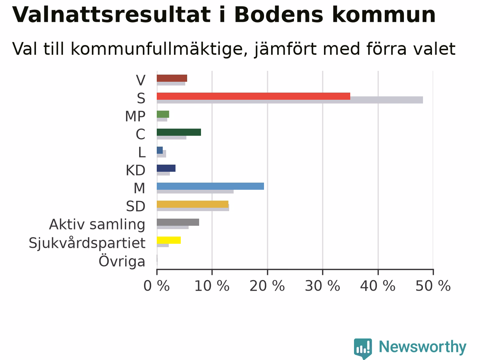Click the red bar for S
pyautogui.click(x=253, y=96)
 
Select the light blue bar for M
pyautogui.click(x=210, y=186)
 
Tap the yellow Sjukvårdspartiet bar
pyautogui.click(x=169, y=240)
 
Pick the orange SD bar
pyautogui.click(x=193, y=204)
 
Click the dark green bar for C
pyautogui.click(x=179, y=132)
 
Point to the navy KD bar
pyautogui.click(x=166, y=168)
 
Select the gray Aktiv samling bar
pyautogui.click(x=178, y=222)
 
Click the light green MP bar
pyautogui.click(x=163, y=114)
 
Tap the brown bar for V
pyautogui.click(x=172, y=78)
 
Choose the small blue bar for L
pyautogui.click(x=160, y=150)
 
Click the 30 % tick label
pyautogui.click(x=322, y=286)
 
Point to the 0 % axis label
pyautogui.click(x=157, y=286)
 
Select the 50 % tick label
pyautogui.click(x=433, y=286)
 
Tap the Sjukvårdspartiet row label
pyautogui.click(x=87, y=243)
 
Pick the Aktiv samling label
pyautogui.click(x=97, y=225)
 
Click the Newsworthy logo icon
pyautogui.click(x=363, y=348)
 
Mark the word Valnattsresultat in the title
pyautogui.click(x=111, y=15)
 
